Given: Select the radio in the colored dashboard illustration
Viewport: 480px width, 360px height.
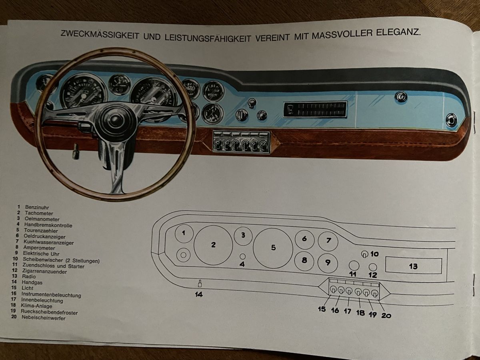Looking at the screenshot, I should (315, 110).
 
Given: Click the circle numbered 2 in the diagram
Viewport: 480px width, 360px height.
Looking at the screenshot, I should (213, 245).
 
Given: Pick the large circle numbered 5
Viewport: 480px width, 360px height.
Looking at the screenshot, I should (273, 248).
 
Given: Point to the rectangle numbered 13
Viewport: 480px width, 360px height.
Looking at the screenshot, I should (413, 266).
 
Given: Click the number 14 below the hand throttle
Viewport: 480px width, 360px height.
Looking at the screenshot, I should (199, 295).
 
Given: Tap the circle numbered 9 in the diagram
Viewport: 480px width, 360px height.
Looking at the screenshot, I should (328, 262).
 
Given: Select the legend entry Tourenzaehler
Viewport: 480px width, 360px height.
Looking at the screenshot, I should (41, 230).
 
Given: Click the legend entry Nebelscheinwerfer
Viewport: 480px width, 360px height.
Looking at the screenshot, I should (45, 318).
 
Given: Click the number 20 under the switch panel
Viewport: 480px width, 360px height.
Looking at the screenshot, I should (386, 316).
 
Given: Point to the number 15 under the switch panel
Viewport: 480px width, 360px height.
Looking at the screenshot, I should (322, 309).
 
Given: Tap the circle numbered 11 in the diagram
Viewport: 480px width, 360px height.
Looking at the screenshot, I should (353, 265).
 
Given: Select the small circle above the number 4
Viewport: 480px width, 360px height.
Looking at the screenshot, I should (242, 256).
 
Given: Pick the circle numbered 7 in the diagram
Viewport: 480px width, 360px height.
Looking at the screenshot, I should (328, 241).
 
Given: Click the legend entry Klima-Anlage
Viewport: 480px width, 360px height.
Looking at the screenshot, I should (38, 306).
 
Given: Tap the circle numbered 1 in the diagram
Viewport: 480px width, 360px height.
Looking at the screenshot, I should (184, 234).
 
